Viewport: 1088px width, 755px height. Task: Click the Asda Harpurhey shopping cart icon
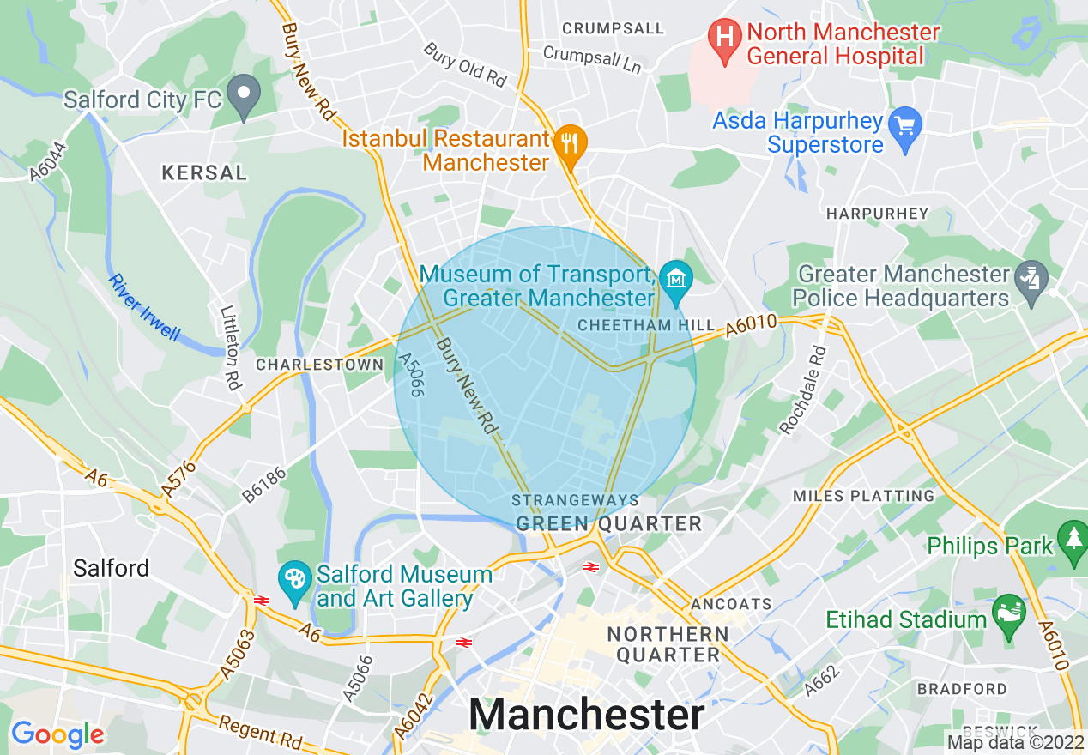904,126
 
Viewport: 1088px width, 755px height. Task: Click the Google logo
57,734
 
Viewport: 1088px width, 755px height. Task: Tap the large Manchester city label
587,714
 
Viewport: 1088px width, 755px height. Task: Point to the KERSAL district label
204,173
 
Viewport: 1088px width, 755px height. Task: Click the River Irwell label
144,307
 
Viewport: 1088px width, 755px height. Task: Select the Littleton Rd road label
229,348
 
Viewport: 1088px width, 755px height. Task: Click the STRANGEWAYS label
575,500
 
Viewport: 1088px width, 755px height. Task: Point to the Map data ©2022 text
1014,741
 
